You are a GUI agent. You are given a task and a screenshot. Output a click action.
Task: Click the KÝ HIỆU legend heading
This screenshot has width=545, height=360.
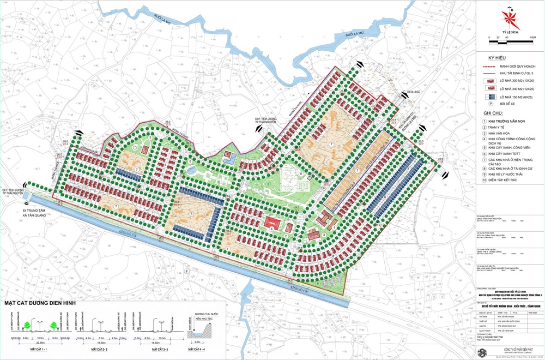coord(497,57)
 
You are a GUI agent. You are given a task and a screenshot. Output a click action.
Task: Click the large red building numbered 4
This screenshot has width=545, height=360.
coord(271,223)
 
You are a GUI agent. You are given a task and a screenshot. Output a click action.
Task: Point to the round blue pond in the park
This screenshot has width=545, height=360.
coord(190,171)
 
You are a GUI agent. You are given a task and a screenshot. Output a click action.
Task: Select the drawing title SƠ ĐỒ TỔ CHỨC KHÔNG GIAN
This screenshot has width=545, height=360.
coord(509,308)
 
